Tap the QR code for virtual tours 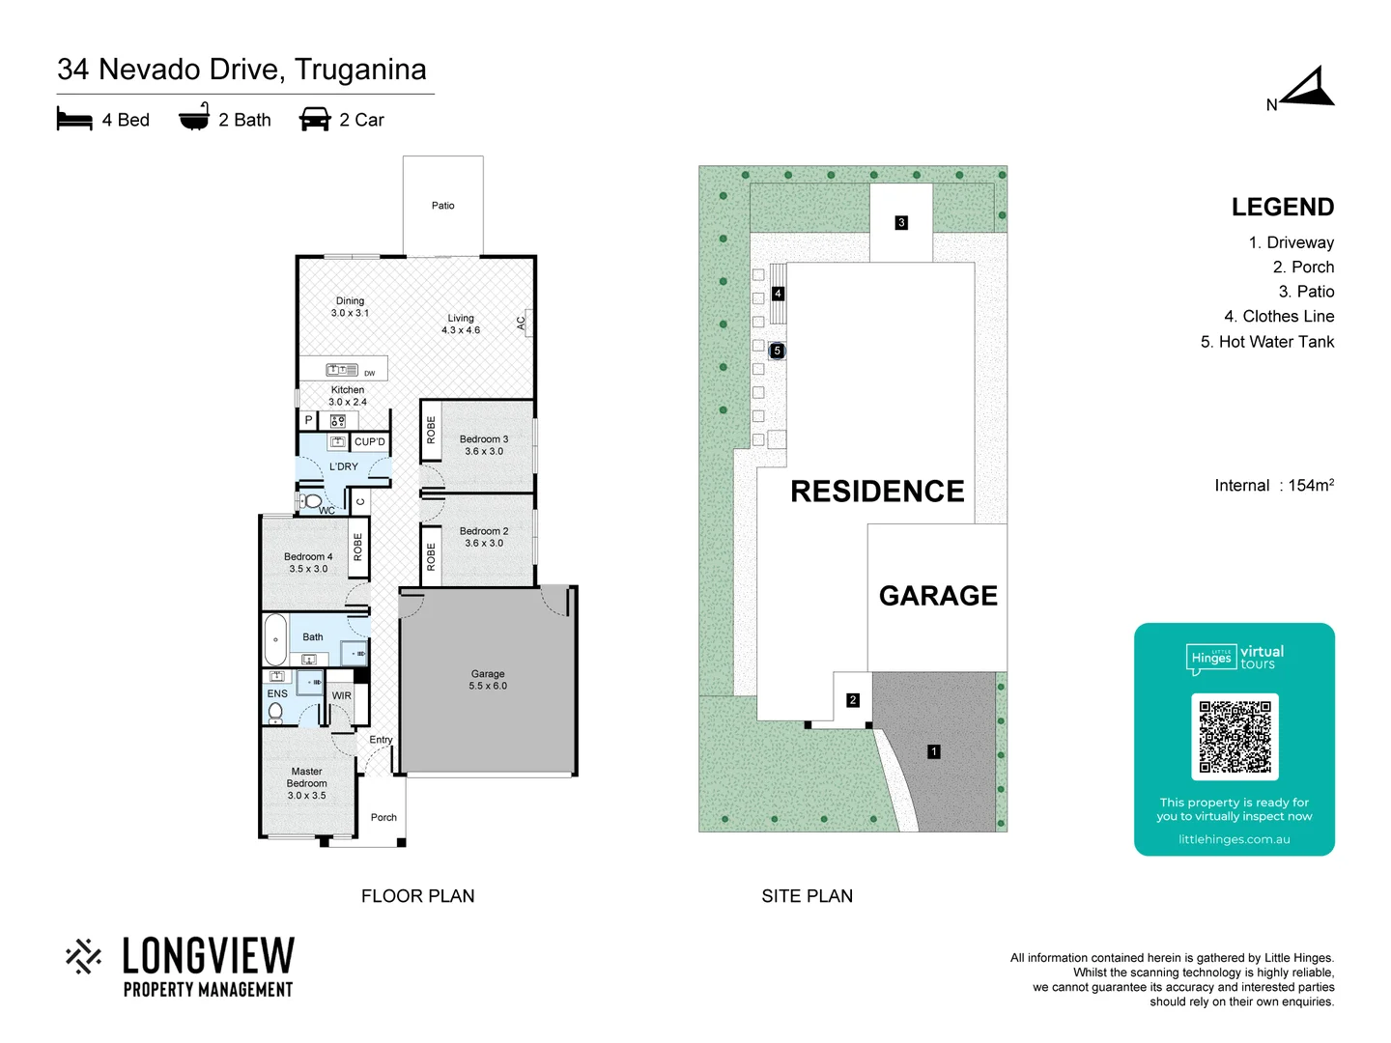point(1235,736)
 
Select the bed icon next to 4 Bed point(74,120)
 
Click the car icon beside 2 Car point(315,120)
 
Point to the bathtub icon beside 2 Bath point(194,118)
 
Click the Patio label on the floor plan point(442,206)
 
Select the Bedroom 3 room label point(484,445)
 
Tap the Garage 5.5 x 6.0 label point(488,680)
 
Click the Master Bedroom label point(306,783)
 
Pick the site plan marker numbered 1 point(933,751)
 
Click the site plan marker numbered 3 point(901,223)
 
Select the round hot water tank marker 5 point(777,351)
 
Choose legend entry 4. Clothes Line point(1278,317)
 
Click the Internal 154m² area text point(1273,486)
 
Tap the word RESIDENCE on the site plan point(877,492)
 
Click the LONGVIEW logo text point(208,956)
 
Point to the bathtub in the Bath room point(275,639)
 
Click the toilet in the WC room point(312,501)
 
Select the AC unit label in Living point(522,324)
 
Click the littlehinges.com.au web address point(1234,839)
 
